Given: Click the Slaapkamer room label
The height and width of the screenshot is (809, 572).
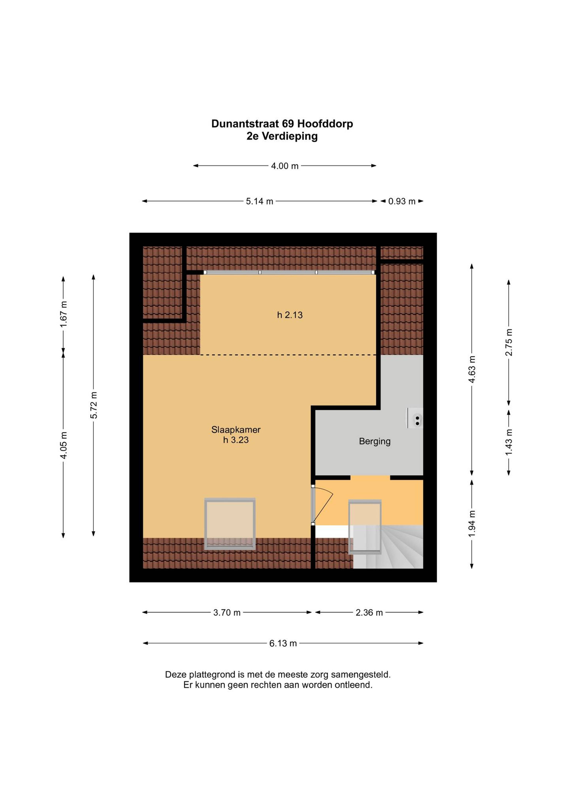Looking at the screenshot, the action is tap(236, 430).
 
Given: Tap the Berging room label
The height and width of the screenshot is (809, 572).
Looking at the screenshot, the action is tap(375, 442).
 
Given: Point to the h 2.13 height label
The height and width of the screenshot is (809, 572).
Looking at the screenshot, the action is tap(290, 315).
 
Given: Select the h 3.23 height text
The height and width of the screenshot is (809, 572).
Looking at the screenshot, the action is tap(236, 440).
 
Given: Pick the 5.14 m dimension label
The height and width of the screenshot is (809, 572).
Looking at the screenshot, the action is tap(259, 202).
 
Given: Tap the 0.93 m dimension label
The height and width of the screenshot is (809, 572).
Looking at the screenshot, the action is tap(402, 202).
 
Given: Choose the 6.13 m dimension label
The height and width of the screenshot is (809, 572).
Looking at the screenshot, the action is tap(283, 643).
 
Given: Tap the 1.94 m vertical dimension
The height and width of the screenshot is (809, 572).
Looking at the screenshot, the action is tap(472, 524).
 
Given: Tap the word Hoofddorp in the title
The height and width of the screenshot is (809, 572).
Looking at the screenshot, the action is tap(325, 124).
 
